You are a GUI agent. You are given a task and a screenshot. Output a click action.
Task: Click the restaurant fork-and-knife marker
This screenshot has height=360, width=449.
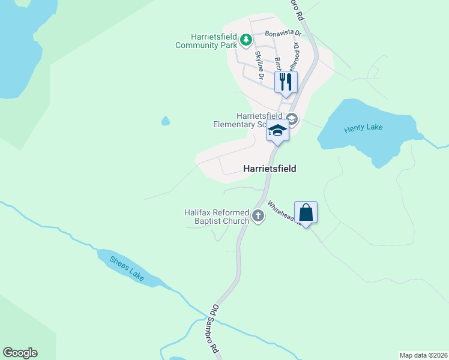[286, 82]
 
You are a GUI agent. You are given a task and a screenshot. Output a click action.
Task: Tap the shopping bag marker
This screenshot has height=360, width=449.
[306, 212]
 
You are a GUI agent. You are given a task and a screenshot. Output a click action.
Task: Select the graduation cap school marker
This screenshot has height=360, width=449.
[277, 130]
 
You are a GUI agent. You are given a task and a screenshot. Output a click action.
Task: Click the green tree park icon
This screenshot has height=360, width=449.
[246, 40]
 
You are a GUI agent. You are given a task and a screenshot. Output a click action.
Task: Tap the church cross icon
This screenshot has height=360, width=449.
[258, 216]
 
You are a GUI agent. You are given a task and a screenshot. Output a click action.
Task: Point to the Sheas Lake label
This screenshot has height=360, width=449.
[127, 269]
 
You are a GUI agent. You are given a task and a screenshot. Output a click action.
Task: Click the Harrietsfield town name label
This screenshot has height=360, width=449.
[270, 169]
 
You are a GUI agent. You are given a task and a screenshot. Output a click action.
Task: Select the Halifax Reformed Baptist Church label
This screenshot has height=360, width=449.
[217, 217]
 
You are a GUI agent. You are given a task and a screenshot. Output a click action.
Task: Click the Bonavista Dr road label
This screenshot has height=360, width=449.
[282, 34]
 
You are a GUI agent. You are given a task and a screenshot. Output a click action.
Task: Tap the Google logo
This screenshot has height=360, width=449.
[20, 353]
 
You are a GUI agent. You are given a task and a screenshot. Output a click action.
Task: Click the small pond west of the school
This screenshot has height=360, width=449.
[166, 121]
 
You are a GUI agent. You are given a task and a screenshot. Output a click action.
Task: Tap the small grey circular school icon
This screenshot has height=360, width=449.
[292, 118]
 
